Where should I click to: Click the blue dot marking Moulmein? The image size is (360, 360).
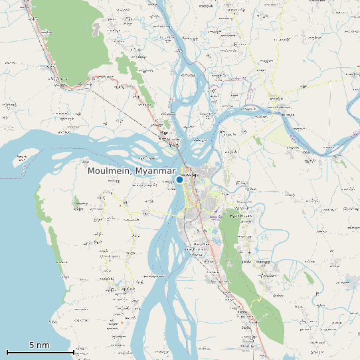tap(179, 179)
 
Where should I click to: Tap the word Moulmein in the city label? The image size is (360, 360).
tap(109, 171)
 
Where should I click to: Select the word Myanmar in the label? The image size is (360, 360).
tap(155, 171)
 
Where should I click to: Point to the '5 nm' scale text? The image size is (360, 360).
tap(39, 345)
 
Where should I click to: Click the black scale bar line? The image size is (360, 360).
tap(40, 352)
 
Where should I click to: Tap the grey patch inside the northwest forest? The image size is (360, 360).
tap(98, 29)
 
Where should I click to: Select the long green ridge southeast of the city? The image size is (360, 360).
tap(252, 286)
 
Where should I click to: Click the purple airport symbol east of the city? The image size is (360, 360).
tap(215, 216)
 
